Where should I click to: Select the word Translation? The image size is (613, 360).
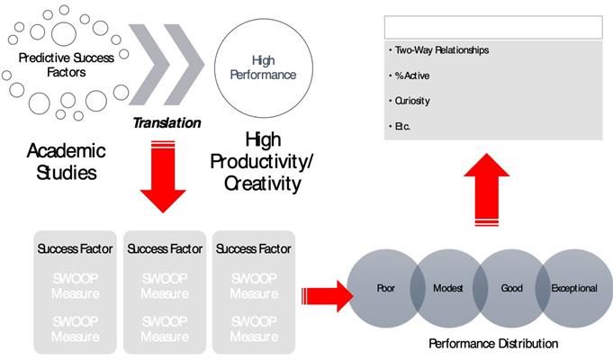click(x=167, y=121)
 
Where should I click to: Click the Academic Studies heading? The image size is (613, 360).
click(x=67, y=160)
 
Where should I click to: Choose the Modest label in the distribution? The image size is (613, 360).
click(x=448, y=289)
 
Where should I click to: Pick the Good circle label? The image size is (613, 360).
click(x=511, y=289)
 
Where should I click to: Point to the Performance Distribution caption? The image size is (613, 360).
click(x=492, y=343)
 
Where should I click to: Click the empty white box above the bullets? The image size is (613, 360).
click(x=492, y=27)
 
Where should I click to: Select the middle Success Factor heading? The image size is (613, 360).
click(x=165, y=248)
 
